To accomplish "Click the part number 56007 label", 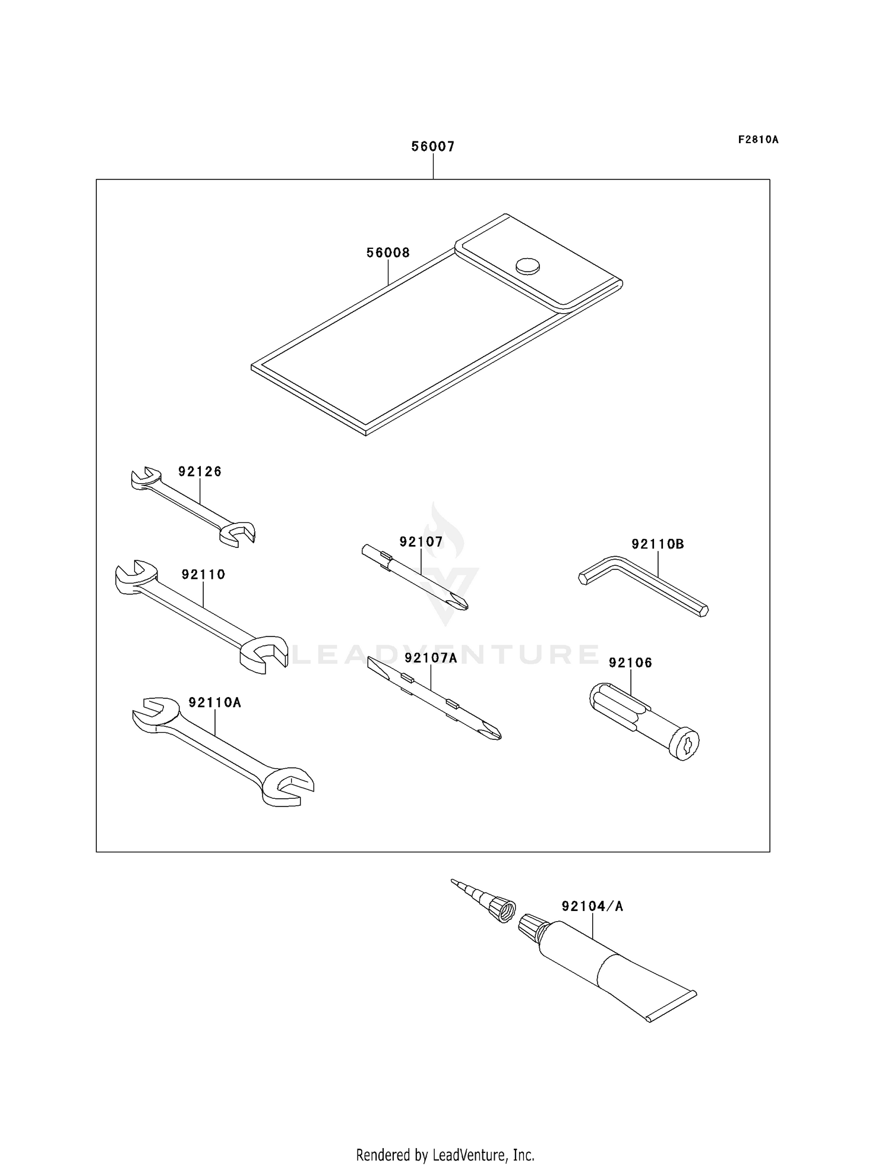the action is [433, 146].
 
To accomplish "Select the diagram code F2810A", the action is [758, 140].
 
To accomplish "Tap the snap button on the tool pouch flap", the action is [527, 266].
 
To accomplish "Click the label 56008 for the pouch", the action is [388, 253].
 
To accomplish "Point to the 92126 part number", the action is [200, 471].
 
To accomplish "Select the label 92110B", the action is [658, 544].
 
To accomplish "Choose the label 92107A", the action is [431, 657].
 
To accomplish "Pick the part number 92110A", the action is [214, 702].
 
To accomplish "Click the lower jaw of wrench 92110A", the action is [287, 787].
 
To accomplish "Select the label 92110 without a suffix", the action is [203, 574].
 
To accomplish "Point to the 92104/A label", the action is [592, 906].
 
